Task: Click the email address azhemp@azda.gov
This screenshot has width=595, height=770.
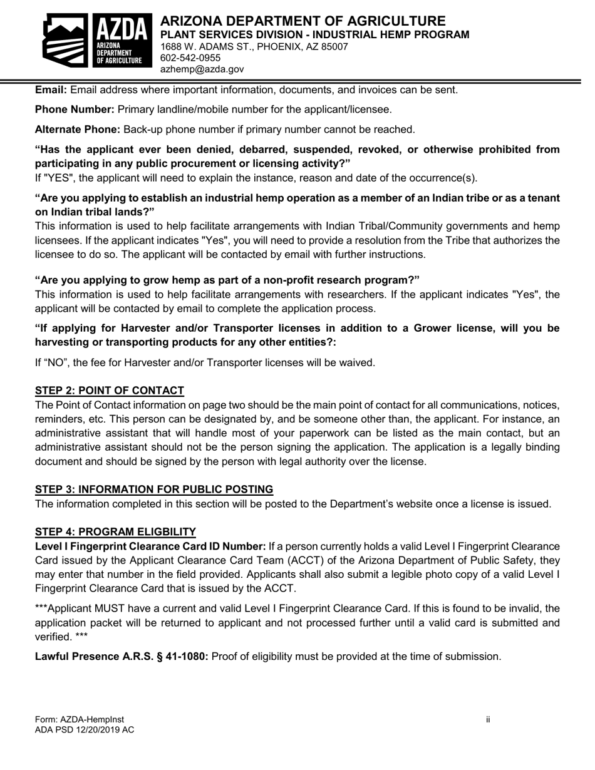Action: [x=202, y=69]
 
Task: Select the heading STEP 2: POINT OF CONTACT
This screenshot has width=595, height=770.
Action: [x=110, y=391]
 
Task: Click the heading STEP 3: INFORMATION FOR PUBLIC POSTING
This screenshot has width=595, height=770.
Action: [x=154, y=490]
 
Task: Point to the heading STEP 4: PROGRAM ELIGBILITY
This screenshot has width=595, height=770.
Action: [x=115, y=532]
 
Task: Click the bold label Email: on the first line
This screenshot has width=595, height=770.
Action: [x=51, y=90]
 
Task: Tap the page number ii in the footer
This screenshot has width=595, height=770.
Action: [x=487, y=720]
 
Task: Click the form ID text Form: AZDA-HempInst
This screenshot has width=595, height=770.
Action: [x=83, y=720]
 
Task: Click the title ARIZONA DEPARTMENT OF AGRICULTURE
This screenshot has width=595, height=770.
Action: [x=303, y=21]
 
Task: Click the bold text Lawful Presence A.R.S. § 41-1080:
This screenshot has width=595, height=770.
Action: [x=122, y=657]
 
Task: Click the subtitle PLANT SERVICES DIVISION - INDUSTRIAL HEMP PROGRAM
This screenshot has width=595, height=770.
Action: [x=314, y=34]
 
